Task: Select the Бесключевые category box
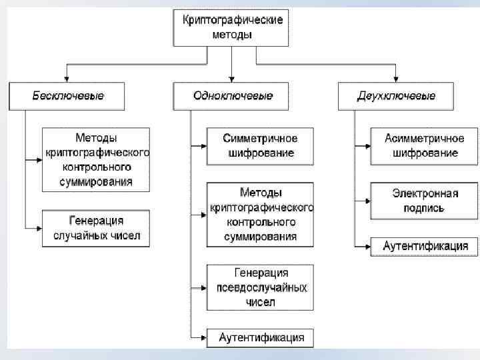[x=67, y=96]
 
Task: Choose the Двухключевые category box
[x=396, y=96]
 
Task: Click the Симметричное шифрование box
[x=259, y=146]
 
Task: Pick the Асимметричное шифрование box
[x=424, y=146]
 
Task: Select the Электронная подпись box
[x=424, y=201]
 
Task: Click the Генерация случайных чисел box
[x=96, y=228]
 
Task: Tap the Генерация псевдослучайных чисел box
[x=259, y=287]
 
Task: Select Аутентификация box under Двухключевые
[x=425, y=246]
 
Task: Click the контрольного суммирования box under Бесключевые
[x=96, y=160]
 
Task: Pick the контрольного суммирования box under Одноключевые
[x=259, y=214]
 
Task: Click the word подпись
[x=424, y=208]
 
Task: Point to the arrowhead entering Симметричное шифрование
[x=203, y=144]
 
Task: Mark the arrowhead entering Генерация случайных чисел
[x=39, y=227]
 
